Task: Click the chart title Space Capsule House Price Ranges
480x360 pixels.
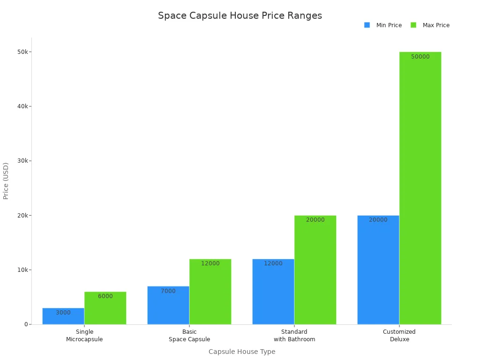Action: coord(240,15)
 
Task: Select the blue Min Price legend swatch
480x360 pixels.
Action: coord(367,25)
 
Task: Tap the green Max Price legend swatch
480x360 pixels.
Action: coord(413,25)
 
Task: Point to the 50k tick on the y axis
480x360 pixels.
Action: coord(22,52)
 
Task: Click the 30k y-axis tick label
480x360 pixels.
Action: coord(22,161)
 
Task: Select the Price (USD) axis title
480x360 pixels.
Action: coord(6,181)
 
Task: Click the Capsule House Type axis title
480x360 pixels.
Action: coord(242,352)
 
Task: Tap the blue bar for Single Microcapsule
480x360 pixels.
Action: coord(63,316)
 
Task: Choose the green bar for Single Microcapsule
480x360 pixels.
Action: coord(105,309)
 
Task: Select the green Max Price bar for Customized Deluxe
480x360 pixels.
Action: coord(420,187)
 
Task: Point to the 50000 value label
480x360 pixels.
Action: coord(420,57)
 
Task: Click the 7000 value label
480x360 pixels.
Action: coord(168,291)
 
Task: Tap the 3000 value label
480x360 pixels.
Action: coord(63,313)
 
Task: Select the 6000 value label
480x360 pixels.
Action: coord(105,296)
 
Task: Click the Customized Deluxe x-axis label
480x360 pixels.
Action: coord(399,336)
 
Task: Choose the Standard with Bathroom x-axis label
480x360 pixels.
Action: coord(294,336)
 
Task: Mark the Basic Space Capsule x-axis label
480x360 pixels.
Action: coord(189,336)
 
